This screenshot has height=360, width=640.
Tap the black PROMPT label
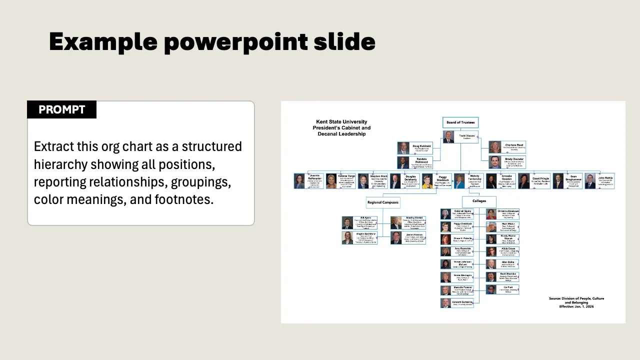pyautogui.click(x=61, y=110)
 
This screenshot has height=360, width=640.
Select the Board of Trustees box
pyautogui.click(x=460, y=122)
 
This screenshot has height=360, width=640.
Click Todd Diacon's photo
pyautogui.click(x=448, y=137)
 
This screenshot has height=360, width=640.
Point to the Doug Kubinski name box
pyautogui.click(x=421, y=148)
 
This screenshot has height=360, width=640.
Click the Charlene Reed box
pyautogui.click(x=513, y=147)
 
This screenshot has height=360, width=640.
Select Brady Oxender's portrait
pyautogui.click(x=494, y=162)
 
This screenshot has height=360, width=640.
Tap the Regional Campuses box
pyautogui.click(x=383, y=202)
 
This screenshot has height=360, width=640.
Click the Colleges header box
pyautogui.click(x=479, y=201)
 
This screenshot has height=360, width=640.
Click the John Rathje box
pyautogui.click(x=605, y=180)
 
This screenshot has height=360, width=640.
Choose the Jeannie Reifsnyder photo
pyautogui.click(x=299, y=181)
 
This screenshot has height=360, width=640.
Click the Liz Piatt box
pyautogui.click(x=508, y=289)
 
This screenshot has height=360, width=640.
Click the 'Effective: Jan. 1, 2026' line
pyautogui.click(x=576, y=306)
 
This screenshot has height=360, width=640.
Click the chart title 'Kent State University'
pyautogui.click(x=341, y=122)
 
